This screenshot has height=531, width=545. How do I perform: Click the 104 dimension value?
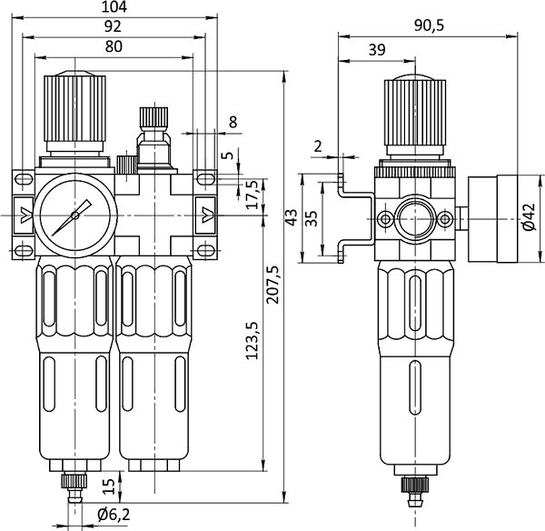click(x=114, y=7)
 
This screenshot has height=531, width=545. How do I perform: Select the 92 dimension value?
click(x=113, y=26)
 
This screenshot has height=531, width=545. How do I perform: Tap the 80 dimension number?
click(x=114, y=46)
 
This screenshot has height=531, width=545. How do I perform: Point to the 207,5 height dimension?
click(x=272, y=285)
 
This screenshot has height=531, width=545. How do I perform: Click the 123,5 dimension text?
click(x=253, y=340)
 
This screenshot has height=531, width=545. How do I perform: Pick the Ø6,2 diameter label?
click(x=114, y=515)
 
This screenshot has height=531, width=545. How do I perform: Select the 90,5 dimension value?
click(x=430, y=25)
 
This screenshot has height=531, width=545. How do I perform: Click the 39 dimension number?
click(x=377, y=50)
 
